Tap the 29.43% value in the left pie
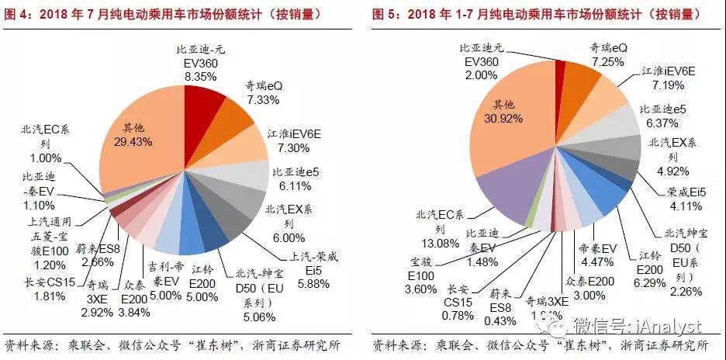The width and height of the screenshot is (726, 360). coord(140,142)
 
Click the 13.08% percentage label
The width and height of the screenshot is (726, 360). coord(440,244)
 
